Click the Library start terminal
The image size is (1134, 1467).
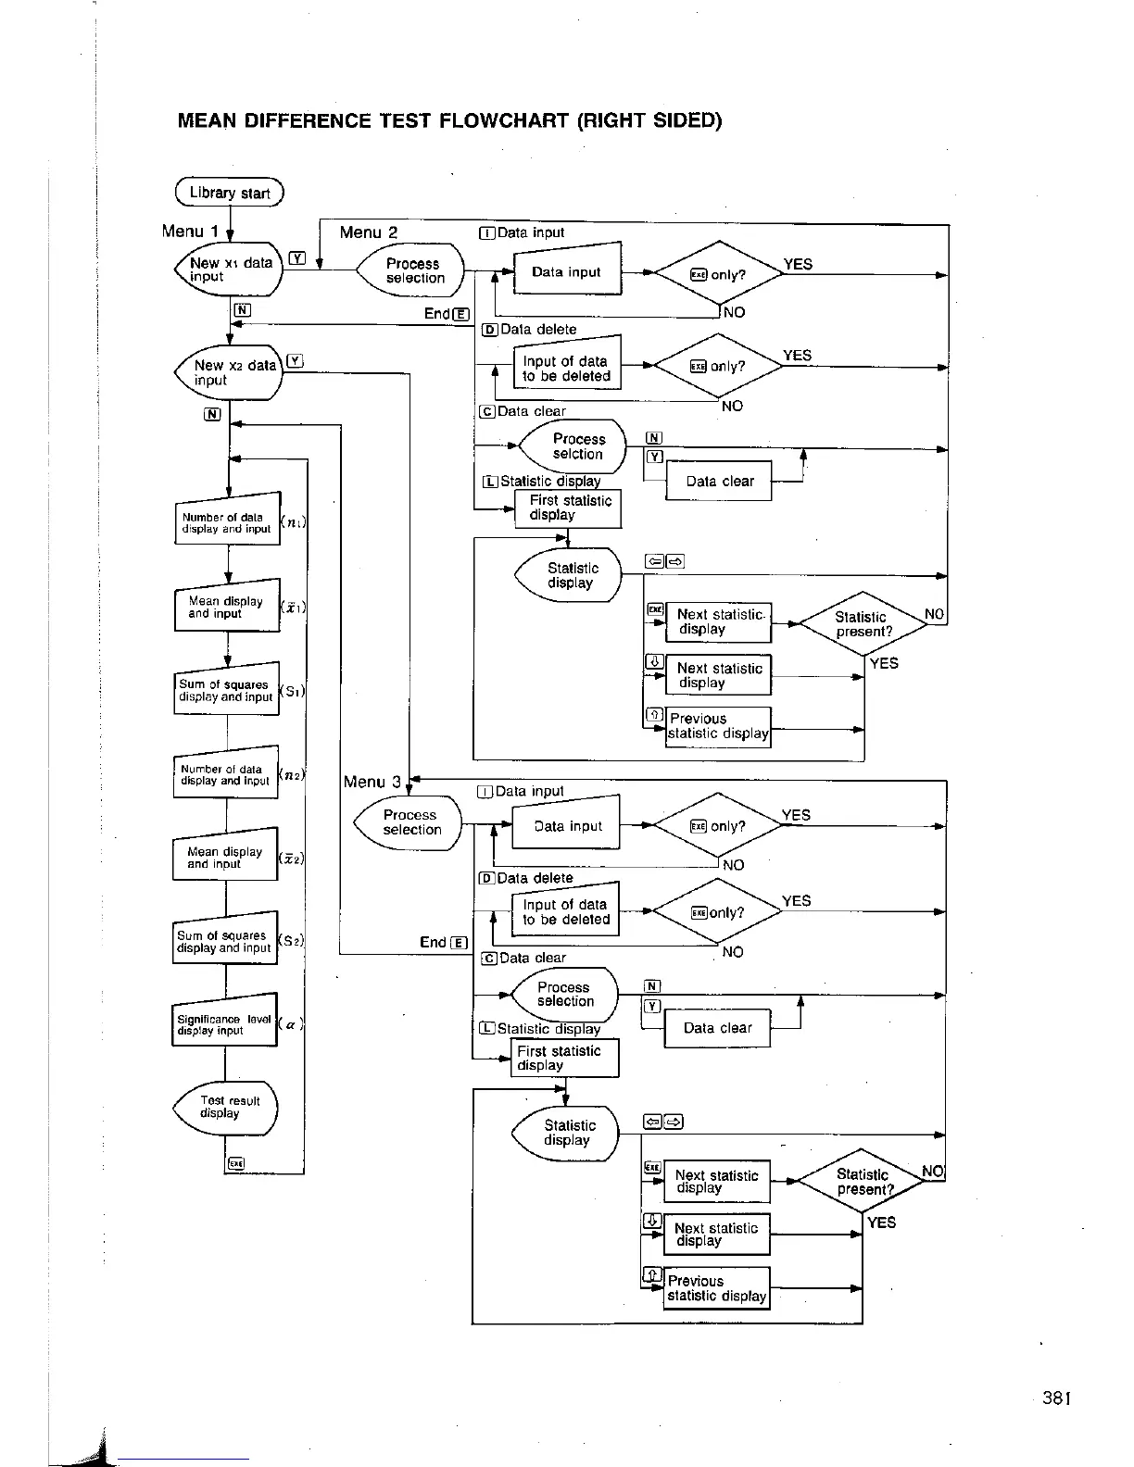click(x=229, y=193)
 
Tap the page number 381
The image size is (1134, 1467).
click(x=1056, y=1398)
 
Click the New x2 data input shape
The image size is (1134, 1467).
click(x=229, y=372)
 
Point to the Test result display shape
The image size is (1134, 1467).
click(x=226, y=1108)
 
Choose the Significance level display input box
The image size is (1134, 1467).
click(x=224, y=1024)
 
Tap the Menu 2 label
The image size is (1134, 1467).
click(x=368, y=232)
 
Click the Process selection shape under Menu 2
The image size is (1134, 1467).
click(x=412, y=270)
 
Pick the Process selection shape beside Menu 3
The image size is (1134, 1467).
click(x=409, y=822)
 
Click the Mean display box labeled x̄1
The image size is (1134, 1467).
click(x=226, y=608)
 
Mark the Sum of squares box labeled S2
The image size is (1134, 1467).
click(x=224, y=942)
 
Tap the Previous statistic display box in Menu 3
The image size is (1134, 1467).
click(x=717, y=1288)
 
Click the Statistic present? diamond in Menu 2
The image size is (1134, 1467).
click(x=862, y=624)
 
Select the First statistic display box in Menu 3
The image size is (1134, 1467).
click(x=564, y=1058)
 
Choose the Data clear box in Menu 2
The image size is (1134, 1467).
click(x=719, y=482)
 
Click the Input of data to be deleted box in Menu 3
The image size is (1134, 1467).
click(x=565, y=912)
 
